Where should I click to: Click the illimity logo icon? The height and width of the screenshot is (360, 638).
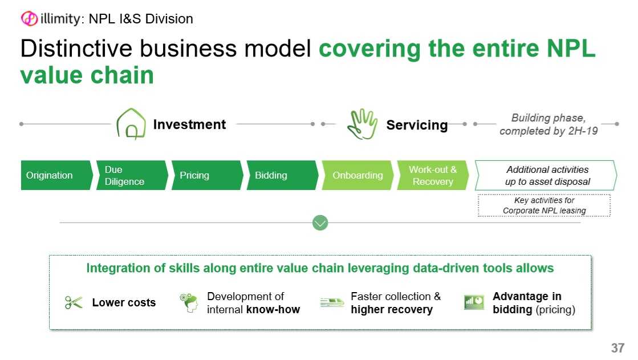pos(29,19)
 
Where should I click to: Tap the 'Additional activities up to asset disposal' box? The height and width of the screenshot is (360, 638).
pos(546,175)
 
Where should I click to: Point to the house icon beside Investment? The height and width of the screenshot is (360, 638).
pos(131,123)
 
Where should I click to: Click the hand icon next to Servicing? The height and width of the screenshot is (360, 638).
pos(362,124)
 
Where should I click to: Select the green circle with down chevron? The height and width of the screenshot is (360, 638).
pos(320,223)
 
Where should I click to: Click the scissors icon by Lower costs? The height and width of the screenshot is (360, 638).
pos(74,302)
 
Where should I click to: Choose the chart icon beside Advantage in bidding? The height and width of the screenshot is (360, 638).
pos(474,302)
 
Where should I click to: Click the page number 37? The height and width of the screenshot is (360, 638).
pos(617,348)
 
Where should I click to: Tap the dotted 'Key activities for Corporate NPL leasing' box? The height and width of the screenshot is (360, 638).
pos(544,205)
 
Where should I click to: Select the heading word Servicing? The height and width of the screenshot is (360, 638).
pos(417,124)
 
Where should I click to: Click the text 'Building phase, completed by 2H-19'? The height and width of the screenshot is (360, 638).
pos(548,124)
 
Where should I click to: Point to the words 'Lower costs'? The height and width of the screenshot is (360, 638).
pos(124,303)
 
